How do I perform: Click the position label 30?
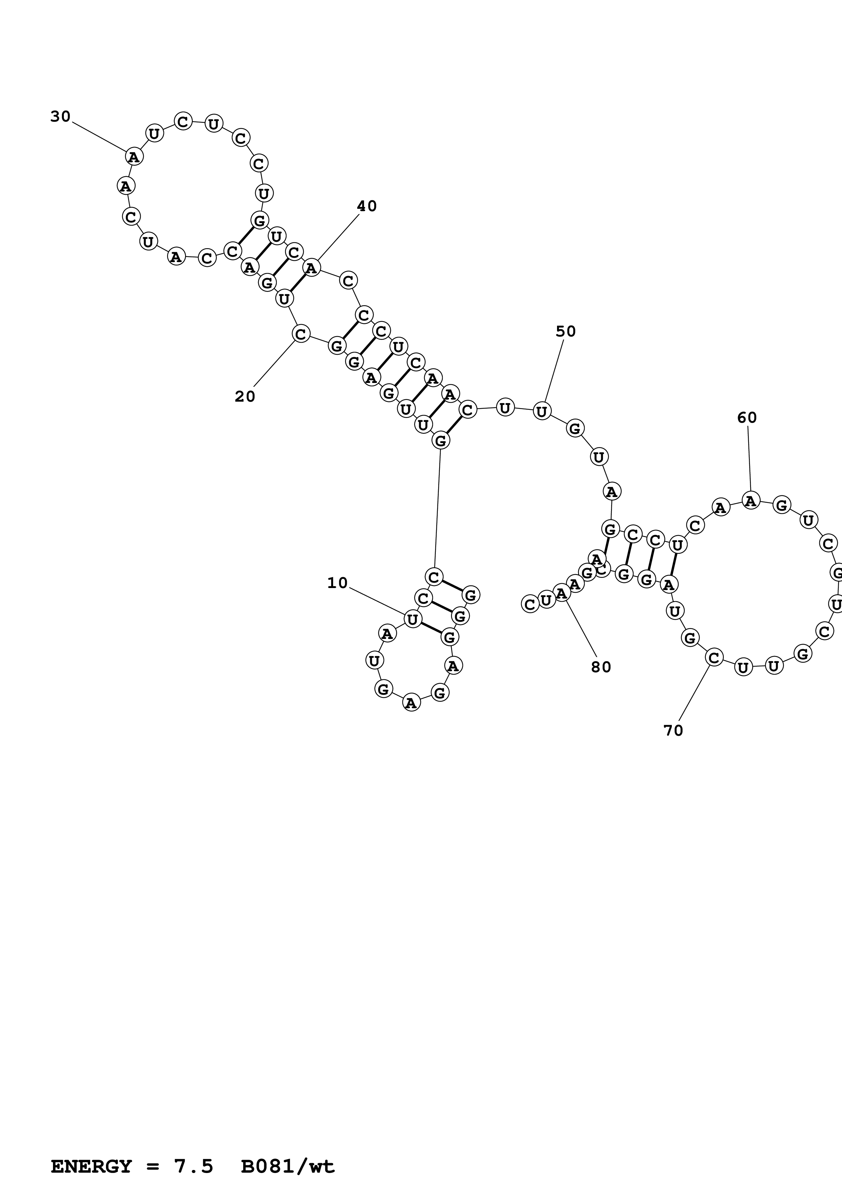(x=60, y=117)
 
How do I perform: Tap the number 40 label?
(x=366, y=206)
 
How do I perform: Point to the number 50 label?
(x=566, y=331)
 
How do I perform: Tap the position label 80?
(x=601, y=667)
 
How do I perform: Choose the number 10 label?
(x=337, y=583)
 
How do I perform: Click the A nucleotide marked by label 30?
(x=134, y=156)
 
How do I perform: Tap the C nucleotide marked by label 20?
(x=301, y=333)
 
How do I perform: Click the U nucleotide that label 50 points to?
(x=542, y=411)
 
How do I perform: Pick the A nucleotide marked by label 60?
(x=751, y=500)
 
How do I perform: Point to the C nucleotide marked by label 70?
(x=714, y=658)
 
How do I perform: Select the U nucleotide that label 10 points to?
(x=412, y=619)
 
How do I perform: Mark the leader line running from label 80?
(x=581, y=628)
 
